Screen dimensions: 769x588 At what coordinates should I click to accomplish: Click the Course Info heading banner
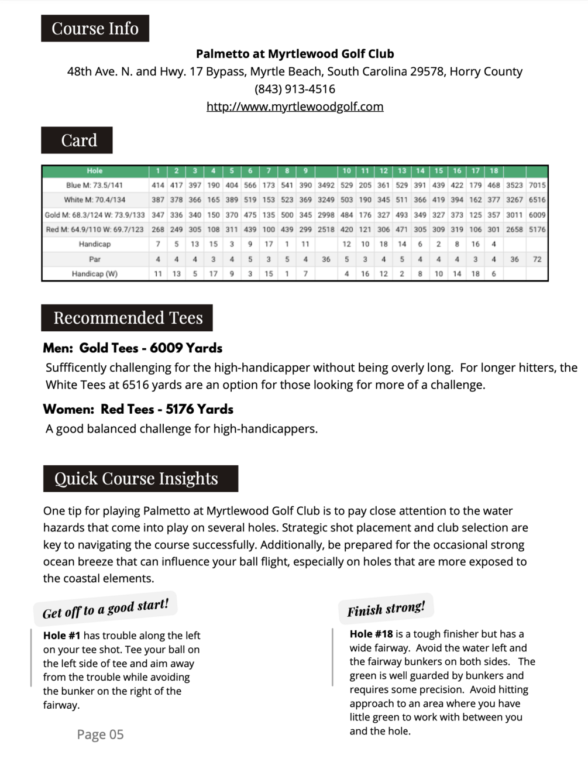95,29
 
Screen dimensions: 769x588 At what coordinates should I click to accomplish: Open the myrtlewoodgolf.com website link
295,107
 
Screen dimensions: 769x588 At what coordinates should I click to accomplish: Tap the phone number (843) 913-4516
295,89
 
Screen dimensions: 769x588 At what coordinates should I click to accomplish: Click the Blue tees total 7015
537,185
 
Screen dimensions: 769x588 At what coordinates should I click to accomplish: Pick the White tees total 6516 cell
537,200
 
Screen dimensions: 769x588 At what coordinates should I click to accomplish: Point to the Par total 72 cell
537,259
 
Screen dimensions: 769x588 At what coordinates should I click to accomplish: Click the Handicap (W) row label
95,273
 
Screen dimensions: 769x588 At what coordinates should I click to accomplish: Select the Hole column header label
95,171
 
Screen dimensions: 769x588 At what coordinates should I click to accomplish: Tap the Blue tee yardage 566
250,185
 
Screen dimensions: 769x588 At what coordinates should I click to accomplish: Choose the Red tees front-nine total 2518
326,229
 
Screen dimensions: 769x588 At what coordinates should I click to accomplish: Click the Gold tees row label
95,215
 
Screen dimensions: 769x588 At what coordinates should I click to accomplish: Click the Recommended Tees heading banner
128,318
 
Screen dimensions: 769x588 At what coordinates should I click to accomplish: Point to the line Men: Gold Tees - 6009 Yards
133,348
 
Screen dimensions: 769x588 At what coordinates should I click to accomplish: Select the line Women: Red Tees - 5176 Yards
138,409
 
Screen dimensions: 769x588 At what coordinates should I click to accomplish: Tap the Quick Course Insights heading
140,479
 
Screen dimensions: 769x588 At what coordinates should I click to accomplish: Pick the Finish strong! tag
386,609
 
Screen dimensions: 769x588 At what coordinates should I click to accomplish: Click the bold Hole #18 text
371,634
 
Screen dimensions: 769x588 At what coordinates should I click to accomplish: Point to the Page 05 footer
100,734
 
